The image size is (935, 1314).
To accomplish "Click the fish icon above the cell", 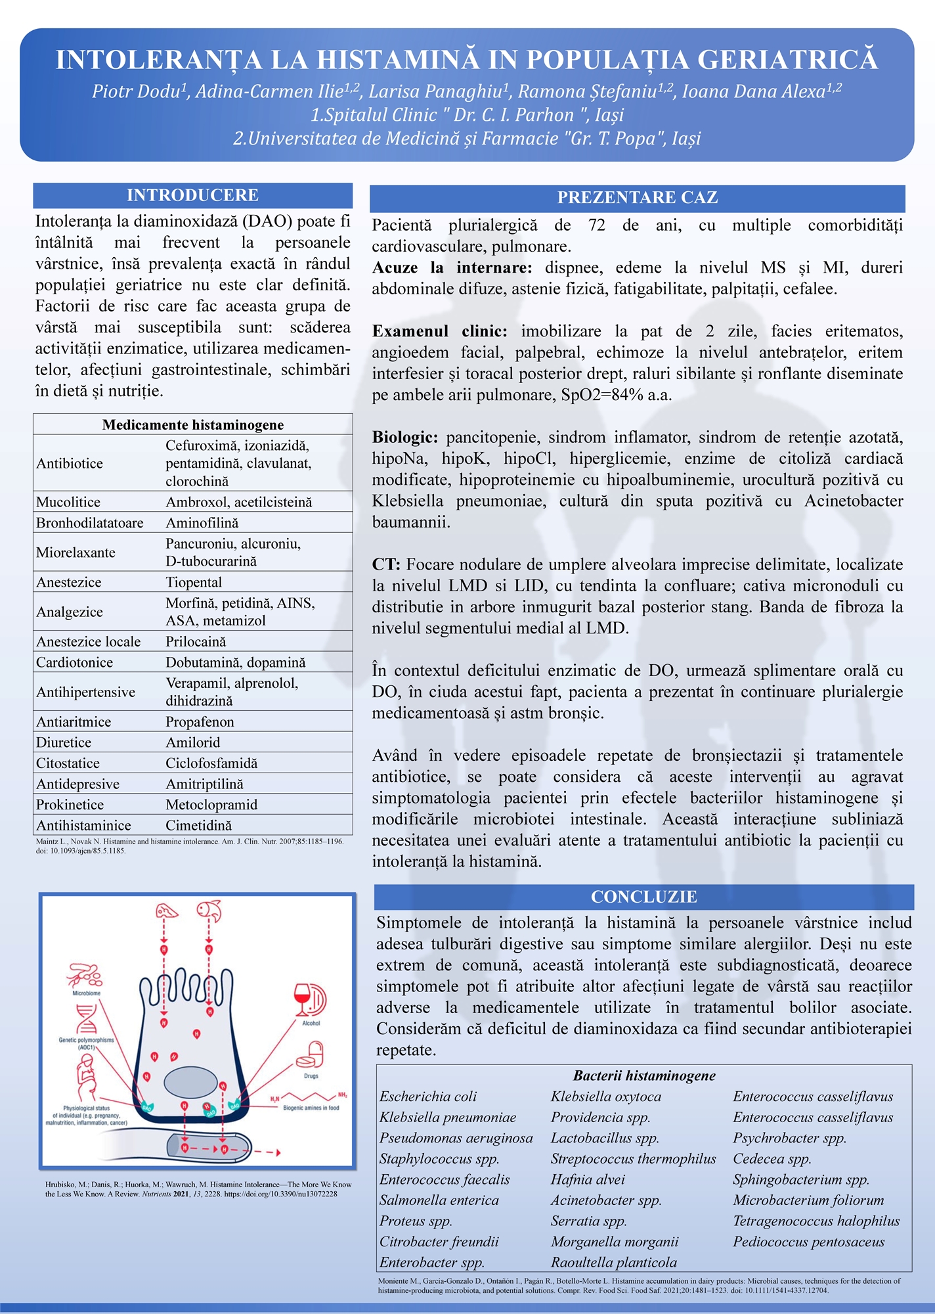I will click(209, 911).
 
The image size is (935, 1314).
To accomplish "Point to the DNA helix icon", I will click(87, 1018).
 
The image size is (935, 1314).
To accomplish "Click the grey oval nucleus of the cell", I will click(190, 1081).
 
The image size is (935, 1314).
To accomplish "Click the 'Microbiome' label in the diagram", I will click(86, 993).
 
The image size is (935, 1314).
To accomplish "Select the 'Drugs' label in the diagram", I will click(311, 1076).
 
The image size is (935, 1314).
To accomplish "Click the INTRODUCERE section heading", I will click(192, 195).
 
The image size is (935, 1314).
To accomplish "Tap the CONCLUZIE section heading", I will click(643, 897).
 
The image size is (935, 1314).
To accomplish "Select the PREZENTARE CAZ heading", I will click(637, 197).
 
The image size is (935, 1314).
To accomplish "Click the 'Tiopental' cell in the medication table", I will click(194, 582).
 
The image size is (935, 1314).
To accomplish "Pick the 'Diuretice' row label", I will click(64, 742).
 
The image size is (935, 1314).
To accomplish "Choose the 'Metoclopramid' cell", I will click(211, 805).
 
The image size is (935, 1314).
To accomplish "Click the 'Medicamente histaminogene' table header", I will click(192, 424).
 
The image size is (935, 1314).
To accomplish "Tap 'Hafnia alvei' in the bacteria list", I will click(588, 1179).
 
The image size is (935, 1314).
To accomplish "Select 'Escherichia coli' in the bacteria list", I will click(428, 1097).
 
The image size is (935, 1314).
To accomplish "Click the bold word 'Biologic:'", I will click(405, 437).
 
